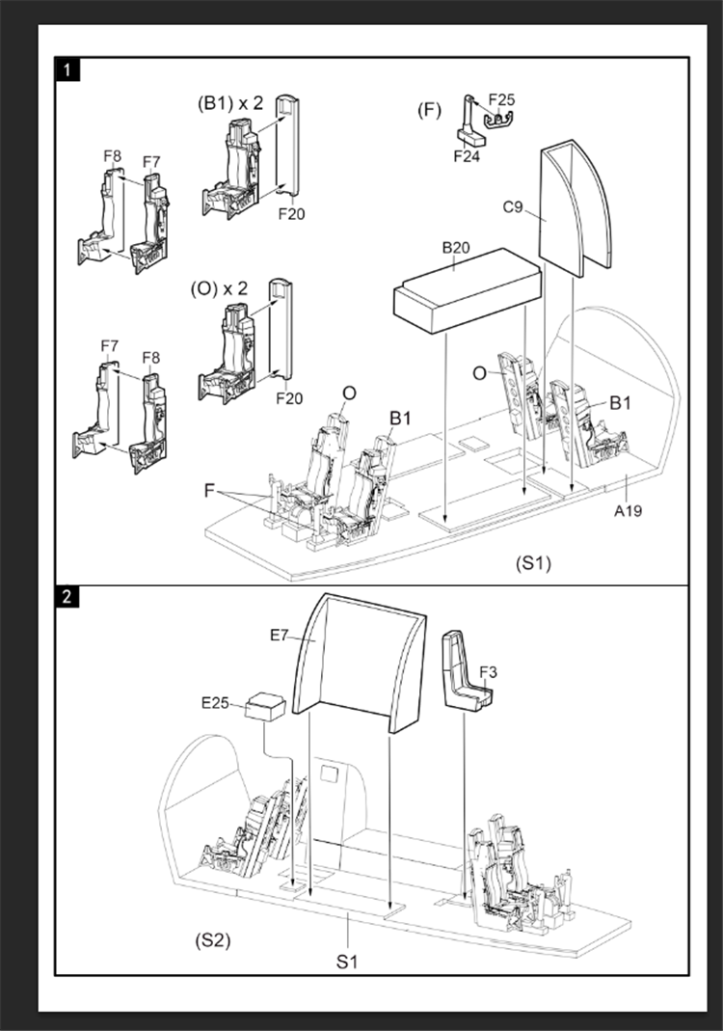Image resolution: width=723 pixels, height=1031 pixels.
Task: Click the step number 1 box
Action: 68,69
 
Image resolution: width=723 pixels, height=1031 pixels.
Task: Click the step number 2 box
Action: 67,597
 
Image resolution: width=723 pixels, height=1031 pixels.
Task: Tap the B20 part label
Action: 455,247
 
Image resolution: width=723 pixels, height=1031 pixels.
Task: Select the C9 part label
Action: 513,207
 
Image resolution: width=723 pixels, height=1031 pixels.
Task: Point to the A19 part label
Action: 629,510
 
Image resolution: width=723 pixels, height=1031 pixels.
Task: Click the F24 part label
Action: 467,156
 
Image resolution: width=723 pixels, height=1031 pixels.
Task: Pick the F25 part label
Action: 501,100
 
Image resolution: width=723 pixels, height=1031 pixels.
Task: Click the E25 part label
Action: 215,703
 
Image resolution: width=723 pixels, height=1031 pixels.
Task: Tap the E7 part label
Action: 280,636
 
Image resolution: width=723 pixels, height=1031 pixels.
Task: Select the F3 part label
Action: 489,672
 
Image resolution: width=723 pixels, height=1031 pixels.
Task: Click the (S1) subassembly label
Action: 533,563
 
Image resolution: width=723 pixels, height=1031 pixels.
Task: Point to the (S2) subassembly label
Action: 213,940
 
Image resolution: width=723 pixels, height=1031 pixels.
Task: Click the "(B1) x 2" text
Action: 230,103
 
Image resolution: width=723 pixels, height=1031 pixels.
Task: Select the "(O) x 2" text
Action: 219,288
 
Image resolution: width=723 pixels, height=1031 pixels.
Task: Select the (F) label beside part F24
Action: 429,110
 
